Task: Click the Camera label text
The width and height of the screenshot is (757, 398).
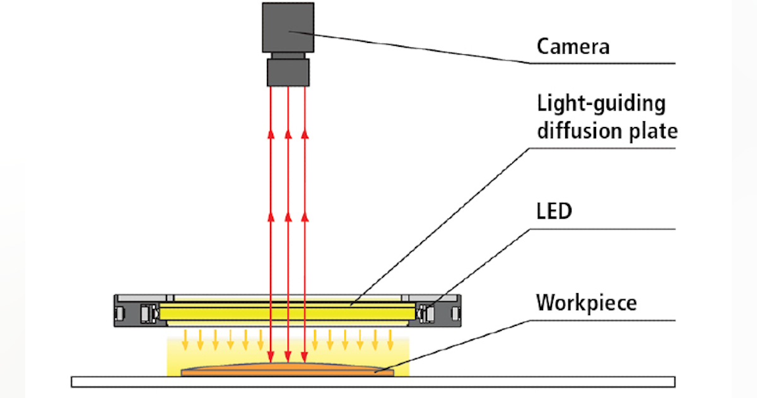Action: (x=573, y=47)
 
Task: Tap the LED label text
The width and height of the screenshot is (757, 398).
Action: (x=554, y=211)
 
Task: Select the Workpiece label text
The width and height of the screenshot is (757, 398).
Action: (x=587, y=303)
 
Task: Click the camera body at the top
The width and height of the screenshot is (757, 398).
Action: (x=288, y=29)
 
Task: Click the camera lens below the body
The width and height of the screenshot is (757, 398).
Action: (x=288, y=71)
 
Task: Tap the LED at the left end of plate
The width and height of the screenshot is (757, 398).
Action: (x=150, y=311)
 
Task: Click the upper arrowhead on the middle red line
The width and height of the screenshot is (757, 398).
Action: (x=288, y=133)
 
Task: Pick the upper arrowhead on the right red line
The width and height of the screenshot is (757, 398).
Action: (x=305, y=133)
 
